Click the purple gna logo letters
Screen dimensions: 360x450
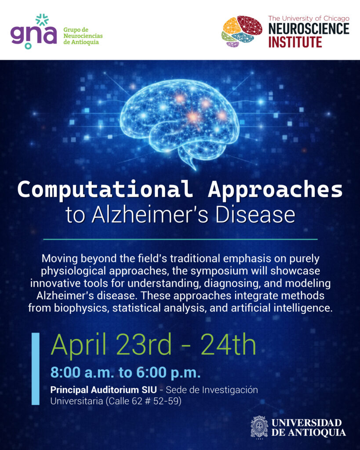coord(33,33)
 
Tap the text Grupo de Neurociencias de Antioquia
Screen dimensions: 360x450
coord(83,36)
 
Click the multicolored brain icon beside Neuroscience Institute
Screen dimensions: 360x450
coord(242,31)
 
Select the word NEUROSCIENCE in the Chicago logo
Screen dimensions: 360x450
coord(309,29)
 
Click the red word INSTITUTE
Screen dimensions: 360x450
coord(295,42)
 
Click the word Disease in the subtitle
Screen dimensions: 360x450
coord(255,214)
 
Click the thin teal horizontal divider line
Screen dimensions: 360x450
coord(180,239)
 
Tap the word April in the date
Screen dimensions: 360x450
coord(78,345)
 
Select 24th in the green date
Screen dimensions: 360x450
coord(228,344)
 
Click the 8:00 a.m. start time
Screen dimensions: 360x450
coord(82,373)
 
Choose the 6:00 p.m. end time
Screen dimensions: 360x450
coord(168,373)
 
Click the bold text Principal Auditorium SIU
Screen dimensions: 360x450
coord(104,390)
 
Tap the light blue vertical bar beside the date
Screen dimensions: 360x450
coord(35,369)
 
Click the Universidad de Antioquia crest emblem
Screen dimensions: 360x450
coord(259,427)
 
